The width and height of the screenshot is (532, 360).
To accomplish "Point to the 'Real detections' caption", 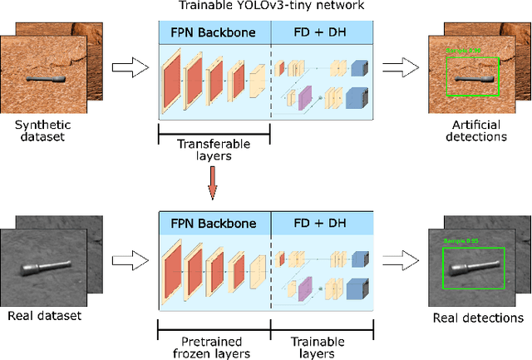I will tap(479, 318).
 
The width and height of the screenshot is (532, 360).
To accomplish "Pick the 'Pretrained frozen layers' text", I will tap(213, 347).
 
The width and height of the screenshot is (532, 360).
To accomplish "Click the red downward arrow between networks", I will tap(214, 185).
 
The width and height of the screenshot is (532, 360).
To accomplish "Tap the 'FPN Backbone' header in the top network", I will tap(214, 33).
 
